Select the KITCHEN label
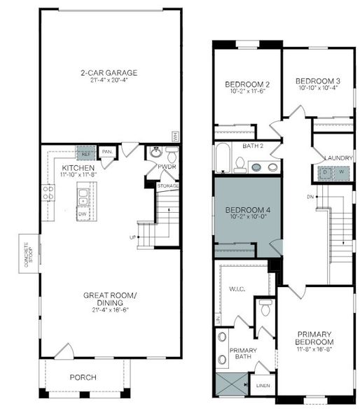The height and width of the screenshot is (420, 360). pos(78,168)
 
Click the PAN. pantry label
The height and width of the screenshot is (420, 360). pos(107,151)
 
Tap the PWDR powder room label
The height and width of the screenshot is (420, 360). pos(167,167)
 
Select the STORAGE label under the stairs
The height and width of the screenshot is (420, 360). pos(168,186)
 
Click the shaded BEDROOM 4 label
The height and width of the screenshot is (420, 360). pos(243,209)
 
